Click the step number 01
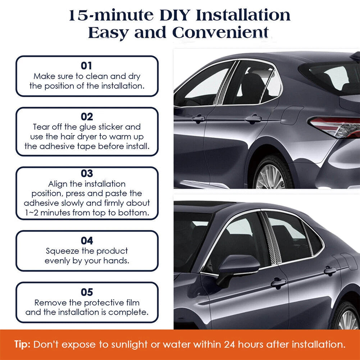pos(86,66)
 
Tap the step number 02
pos(87,117)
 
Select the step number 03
pos(87,173)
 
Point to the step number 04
pos(87,241)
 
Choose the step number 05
pos(87,292)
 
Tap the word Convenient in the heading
pos(220,33)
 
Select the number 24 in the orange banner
pos(230,345)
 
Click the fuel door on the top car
pos(292,115)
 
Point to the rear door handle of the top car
pos(253,119)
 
